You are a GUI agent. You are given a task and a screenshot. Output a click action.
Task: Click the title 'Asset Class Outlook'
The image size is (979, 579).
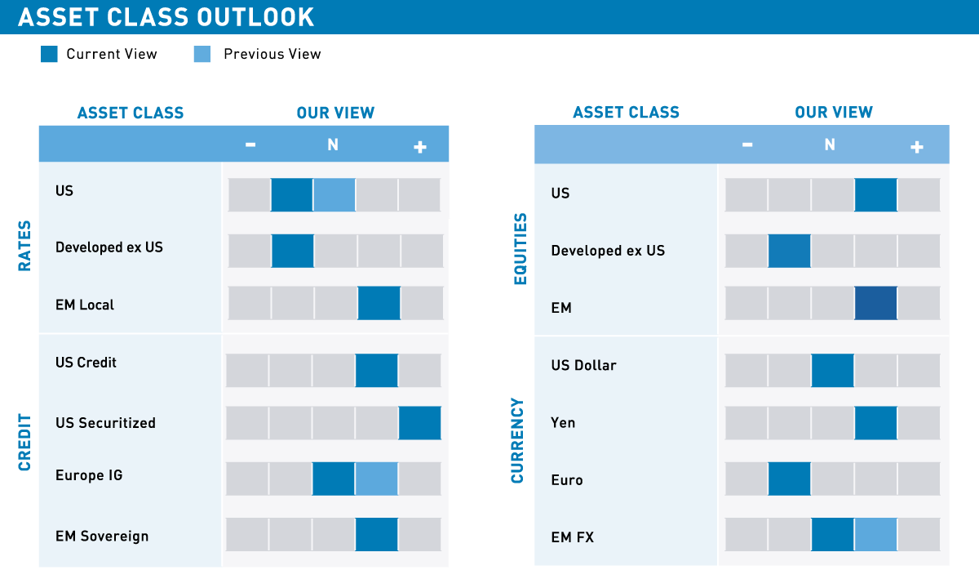click(166, 17)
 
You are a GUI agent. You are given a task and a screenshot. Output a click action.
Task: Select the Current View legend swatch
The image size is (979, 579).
click(49, 54)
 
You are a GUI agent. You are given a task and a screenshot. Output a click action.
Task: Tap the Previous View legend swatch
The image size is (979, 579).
click(202, 54)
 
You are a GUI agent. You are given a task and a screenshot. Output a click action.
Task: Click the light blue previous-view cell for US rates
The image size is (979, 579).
click(334, 195)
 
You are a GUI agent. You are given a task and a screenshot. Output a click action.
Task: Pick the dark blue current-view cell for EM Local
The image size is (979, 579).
click(379, 303)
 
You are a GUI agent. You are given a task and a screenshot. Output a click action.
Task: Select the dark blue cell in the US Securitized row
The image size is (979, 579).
click(419, 423)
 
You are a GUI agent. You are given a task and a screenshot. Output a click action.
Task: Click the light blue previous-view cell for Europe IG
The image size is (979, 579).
click(376, 479)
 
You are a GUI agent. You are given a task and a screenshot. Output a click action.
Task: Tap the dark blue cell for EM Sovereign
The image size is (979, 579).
click(376, 535)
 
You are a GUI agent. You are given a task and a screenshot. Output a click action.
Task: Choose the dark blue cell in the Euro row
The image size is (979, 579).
click(790, 479)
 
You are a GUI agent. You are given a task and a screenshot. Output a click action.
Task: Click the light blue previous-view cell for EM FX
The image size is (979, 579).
click(875, 535)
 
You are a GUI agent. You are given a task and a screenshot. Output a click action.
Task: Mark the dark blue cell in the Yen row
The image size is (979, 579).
click(875, 423)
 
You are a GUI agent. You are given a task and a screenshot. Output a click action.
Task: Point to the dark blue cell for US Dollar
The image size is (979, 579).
click(832, 370)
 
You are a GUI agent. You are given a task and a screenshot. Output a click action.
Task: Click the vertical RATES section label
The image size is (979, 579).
click(24, 246)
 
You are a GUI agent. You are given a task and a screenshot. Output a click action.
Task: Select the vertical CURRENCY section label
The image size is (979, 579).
click(517, 440)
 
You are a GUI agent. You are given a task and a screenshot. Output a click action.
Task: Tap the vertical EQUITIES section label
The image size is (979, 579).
click(521, 249)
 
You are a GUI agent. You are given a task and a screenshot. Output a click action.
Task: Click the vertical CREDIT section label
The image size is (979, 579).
click(24, 443)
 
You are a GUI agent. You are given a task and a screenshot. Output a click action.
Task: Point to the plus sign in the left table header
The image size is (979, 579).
click(420, 147)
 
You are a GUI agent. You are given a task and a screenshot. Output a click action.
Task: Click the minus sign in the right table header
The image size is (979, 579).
click(747, 145)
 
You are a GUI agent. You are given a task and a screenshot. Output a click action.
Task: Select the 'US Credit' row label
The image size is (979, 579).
click(86, 362)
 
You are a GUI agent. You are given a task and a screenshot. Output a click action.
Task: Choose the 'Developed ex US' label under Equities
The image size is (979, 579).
click(608, 251)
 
